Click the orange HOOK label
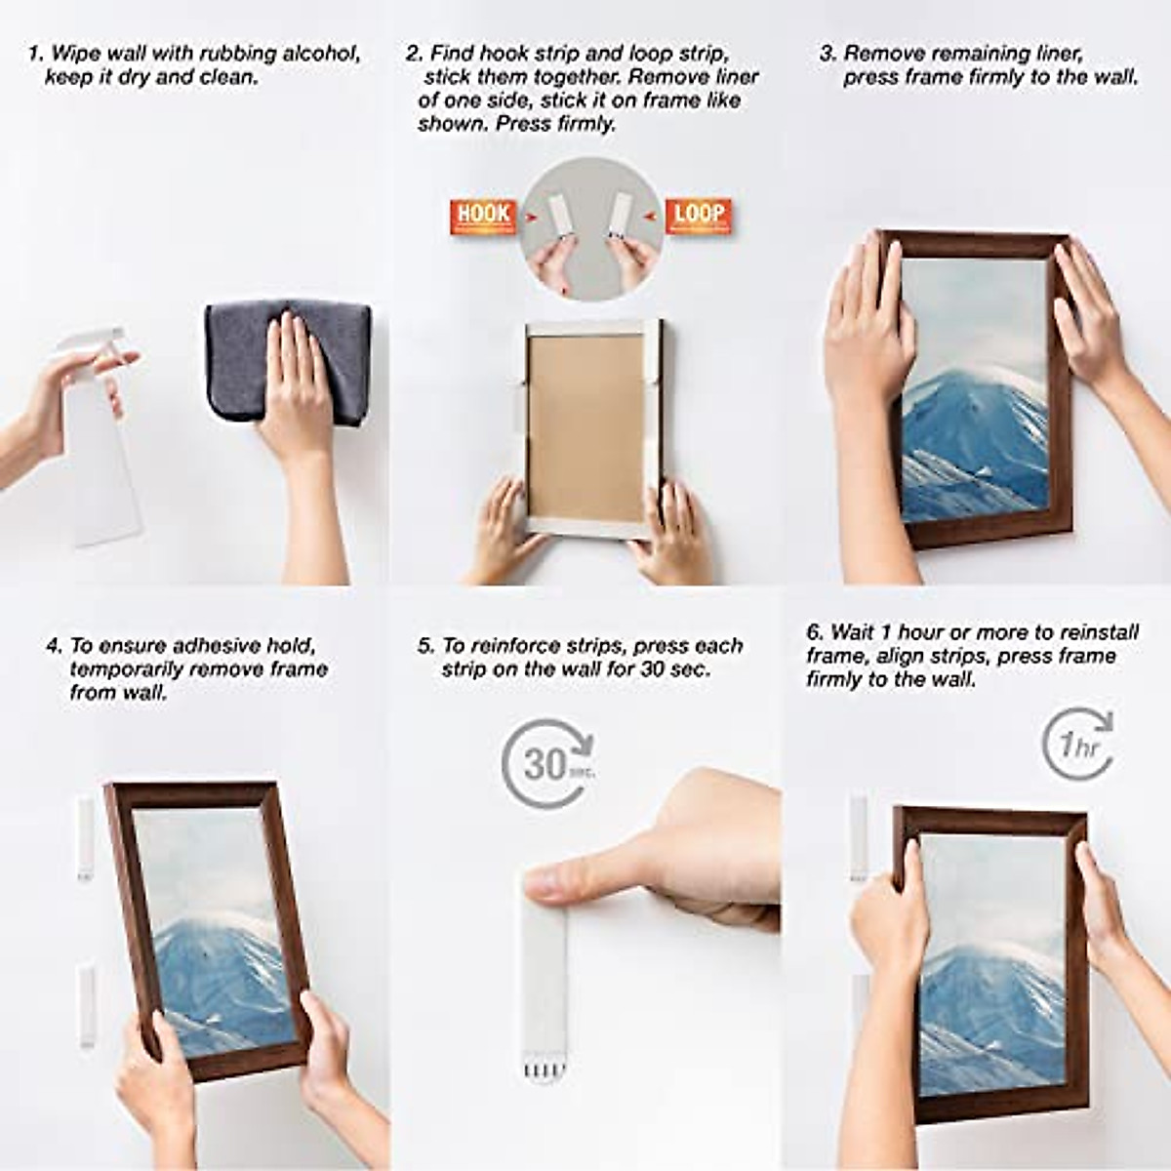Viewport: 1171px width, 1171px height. coord(483,216)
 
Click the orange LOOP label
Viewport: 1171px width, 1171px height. coord(699,216)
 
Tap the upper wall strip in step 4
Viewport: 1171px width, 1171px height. coord(85,836)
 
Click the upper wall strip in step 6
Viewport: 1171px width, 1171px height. coord(858,834)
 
